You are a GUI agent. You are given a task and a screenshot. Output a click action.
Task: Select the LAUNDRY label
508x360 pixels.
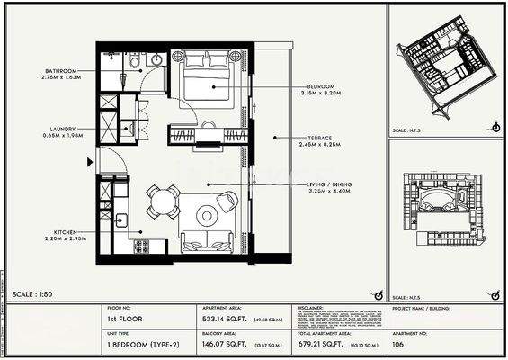(x=62, y=128)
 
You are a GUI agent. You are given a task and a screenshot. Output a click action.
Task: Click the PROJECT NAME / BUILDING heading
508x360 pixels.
(x=422, y=308)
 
